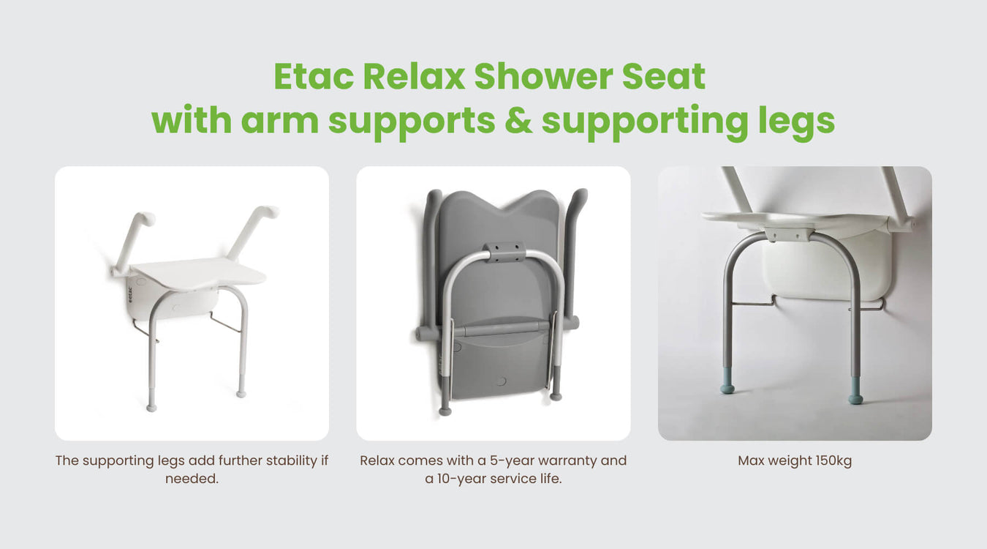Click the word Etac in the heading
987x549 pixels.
tap(314, 77)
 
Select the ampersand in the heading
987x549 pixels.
tap(518, 120)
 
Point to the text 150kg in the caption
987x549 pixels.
tap(833, 460)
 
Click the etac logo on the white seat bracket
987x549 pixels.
tap(129, 294)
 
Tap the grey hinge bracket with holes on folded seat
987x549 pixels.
tap(504, 252)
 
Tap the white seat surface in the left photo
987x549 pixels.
tap(199, 274)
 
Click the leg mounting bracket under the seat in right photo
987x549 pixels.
tap(788, 234)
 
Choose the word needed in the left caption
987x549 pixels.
tap(192, 479)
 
